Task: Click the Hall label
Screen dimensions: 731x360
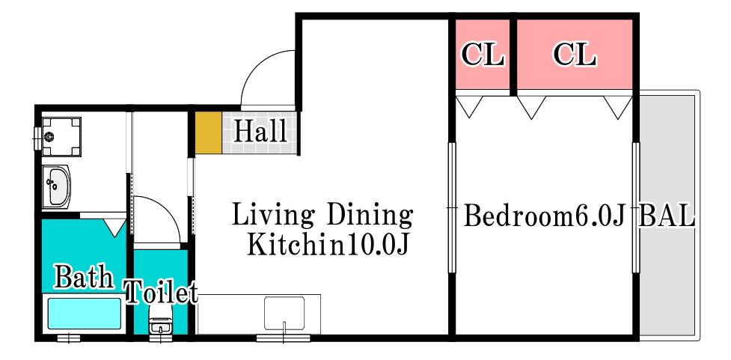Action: click(x=260, y=131)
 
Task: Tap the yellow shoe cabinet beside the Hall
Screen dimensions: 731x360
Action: click(x=208, y=132)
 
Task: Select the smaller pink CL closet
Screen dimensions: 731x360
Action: click(x=482, y=54)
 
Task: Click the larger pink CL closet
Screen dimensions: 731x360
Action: click(x=575, y=54)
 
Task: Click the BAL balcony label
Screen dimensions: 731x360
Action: click(x=667, y=216)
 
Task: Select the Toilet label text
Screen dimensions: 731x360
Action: click(x=162, y=293)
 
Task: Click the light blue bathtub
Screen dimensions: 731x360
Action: click(x=84, y=314)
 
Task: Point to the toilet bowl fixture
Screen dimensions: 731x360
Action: click(x=161, y=322)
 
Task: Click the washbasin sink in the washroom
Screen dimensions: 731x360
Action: click(x=56, y=186)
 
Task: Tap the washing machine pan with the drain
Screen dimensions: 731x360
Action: click(x=61, y=137)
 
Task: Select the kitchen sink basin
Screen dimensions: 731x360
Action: click(x=284, y=314)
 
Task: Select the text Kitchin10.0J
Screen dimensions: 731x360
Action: click(x=328, y=244)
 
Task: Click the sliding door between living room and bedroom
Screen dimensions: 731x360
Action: click(x=451, y=207)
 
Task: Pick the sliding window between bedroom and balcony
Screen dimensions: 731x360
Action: click(x=635, y=207)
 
